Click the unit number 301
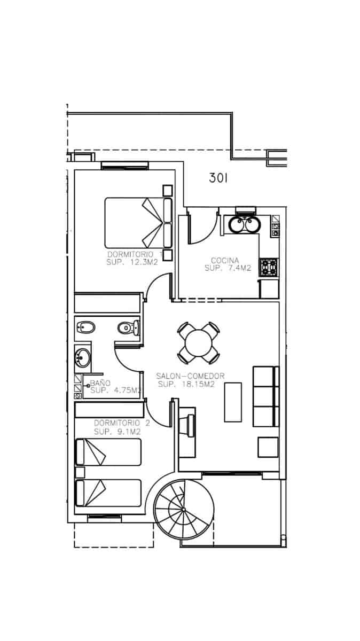coord(218,178)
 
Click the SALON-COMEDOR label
coord(190,376)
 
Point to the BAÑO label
coord(100,383)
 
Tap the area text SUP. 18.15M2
coord(186,384)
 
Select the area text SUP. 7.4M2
coord(228,269)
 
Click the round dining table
coord(198,341)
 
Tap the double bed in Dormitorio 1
coord(138,222)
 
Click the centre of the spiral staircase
coord(183,509)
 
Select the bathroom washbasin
coord(83,357)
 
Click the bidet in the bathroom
coord(85,327)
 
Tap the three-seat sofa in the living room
coord(265,396)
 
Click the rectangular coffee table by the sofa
coord(232,402)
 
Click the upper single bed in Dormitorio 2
coord(108,452)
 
